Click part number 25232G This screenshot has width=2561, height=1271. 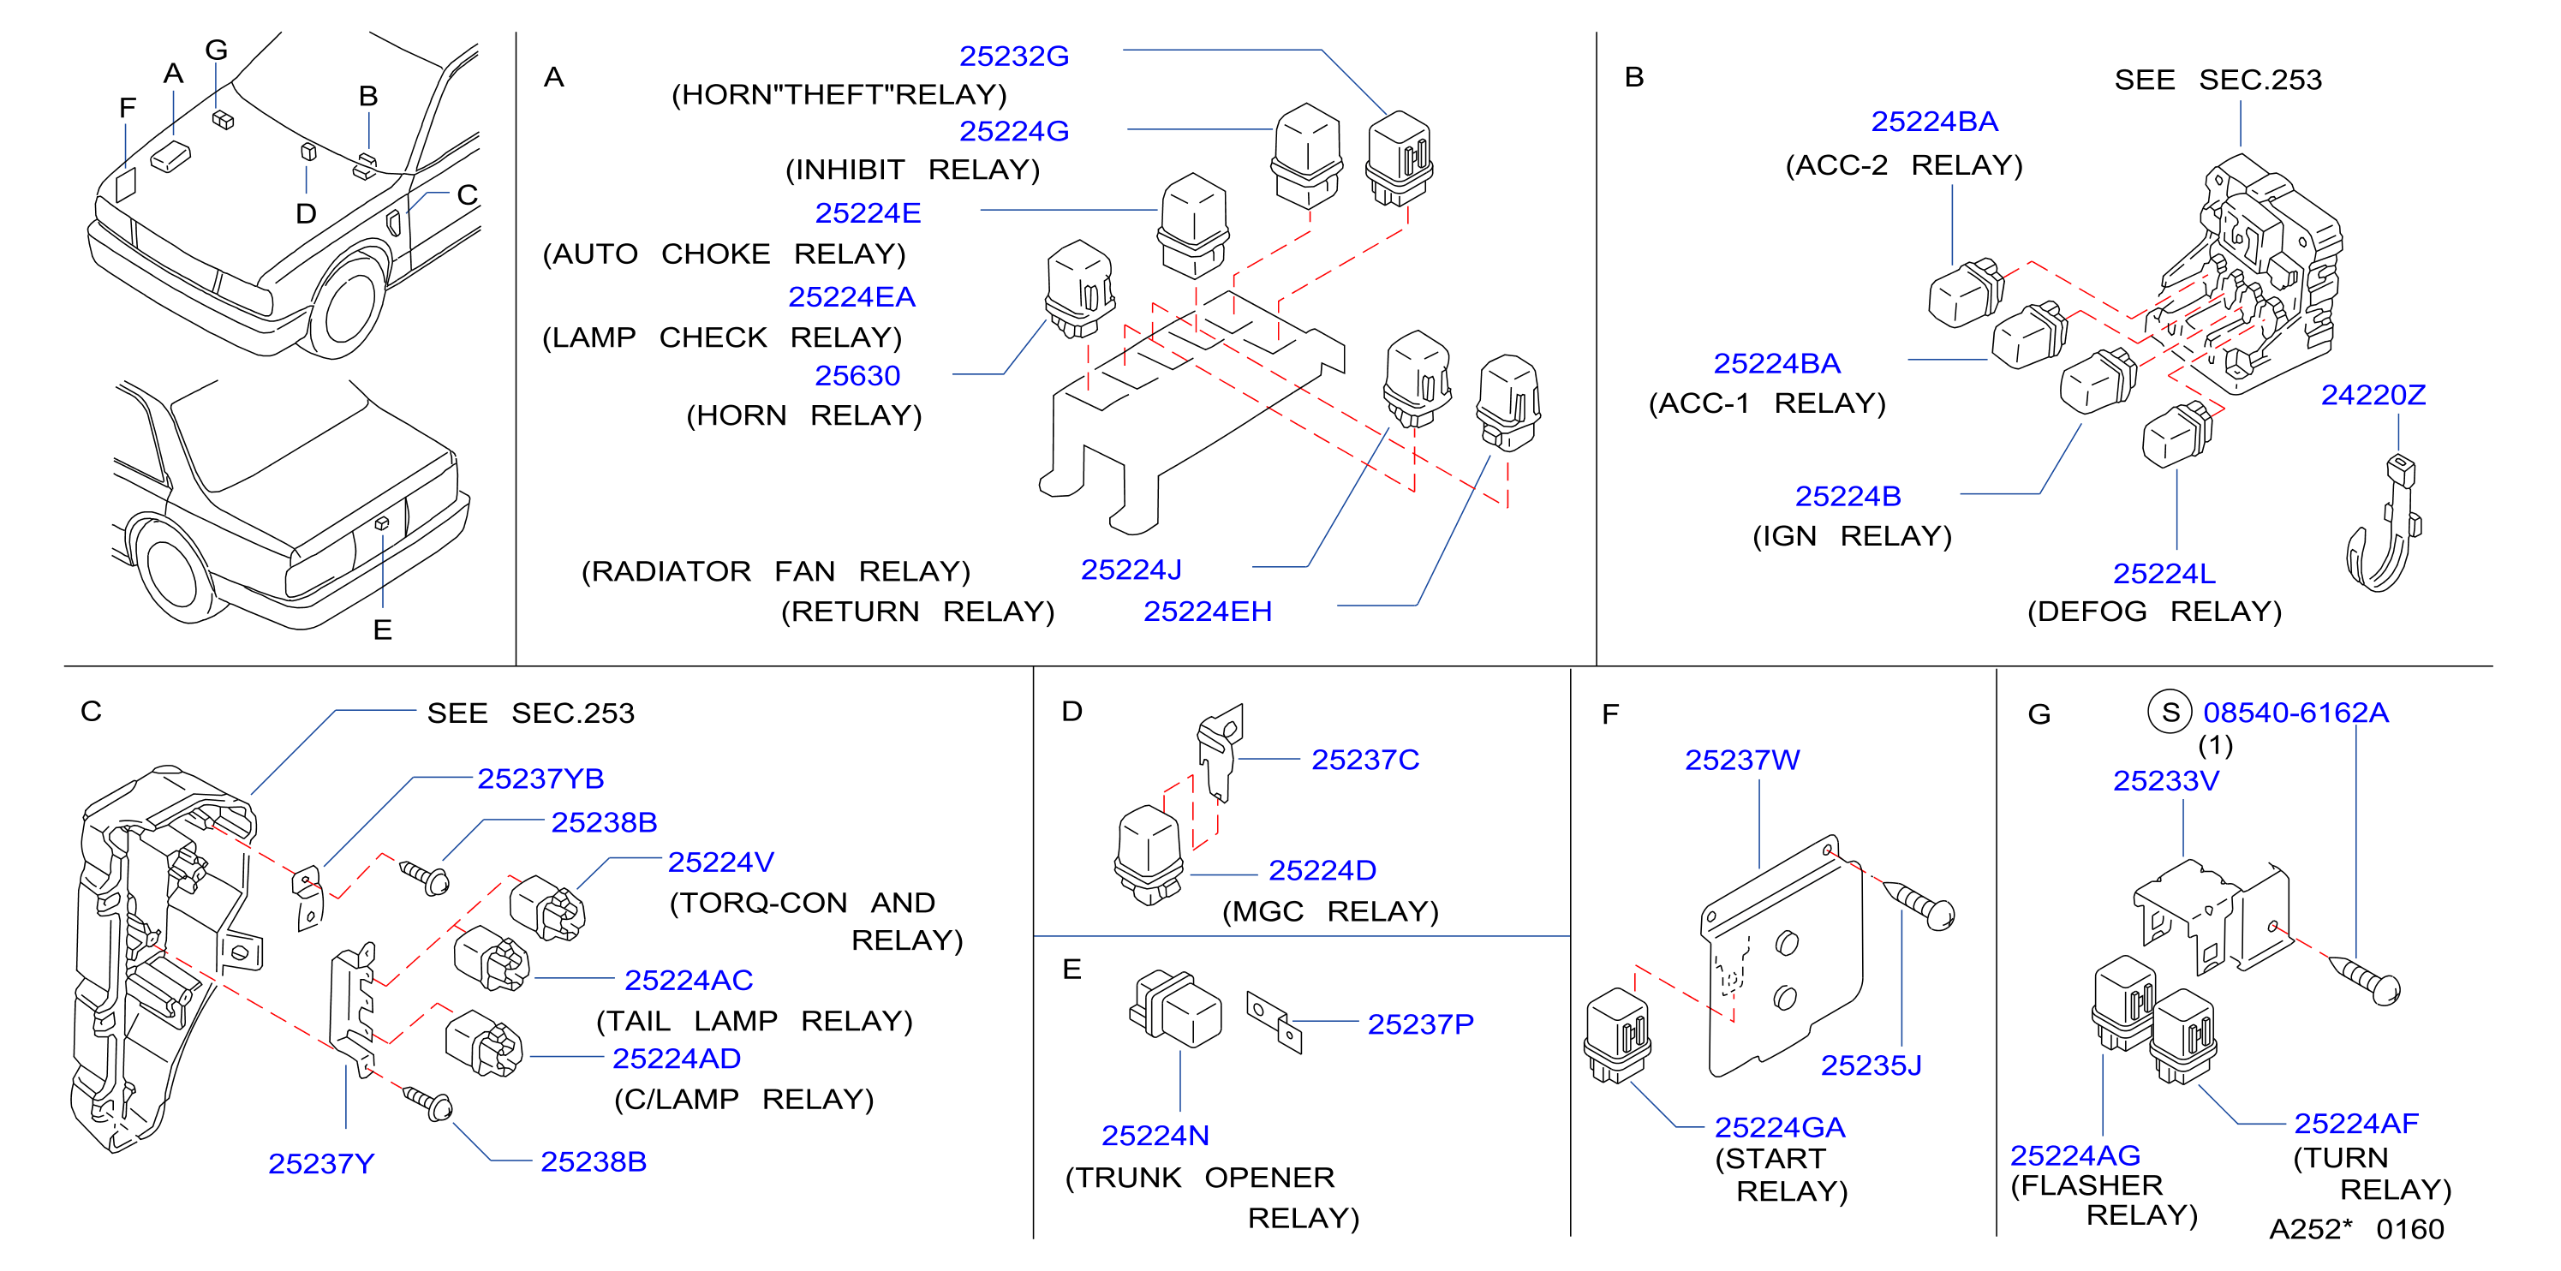coord(1013,57)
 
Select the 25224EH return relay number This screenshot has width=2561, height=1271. coord(1207,612)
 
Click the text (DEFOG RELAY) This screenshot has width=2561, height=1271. coord(2153,612)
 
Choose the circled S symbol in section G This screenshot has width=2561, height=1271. coord(2170,713)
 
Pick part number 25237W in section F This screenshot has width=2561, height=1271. coord(1742,761)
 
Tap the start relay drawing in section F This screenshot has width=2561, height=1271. coord(1617,1035)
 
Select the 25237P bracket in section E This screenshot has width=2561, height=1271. coord(1275,1021)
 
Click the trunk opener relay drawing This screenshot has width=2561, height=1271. coord(1175,1009)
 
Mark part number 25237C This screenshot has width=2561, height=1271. coord(1365,761)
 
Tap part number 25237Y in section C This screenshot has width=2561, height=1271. coord(321,1164)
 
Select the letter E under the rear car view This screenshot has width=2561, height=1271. coord(383,630)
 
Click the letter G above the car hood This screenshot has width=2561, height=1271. coord(217,50)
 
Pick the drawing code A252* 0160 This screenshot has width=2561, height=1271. coord(2355,1229)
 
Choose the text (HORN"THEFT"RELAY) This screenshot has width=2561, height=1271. coord(839,95)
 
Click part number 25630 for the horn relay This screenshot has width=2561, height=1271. coord(857,377)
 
